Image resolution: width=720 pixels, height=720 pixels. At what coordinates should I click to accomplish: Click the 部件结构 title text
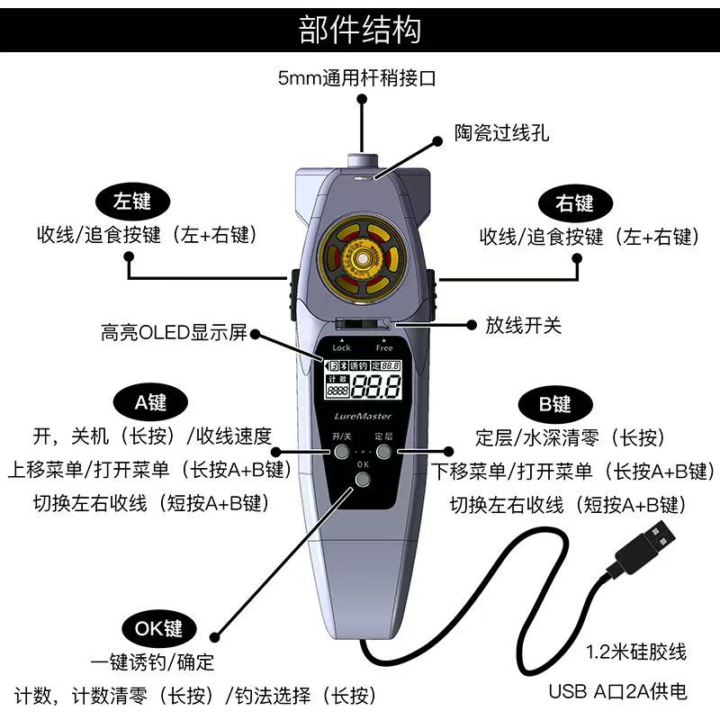(360, 30)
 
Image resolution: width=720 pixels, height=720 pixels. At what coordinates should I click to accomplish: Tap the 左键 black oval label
(132, 202)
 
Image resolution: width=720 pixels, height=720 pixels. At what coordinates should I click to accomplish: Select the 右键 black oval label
(575, 202)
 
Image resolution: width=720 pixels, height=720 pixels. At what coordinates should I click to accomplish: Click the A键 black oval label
(150, 402)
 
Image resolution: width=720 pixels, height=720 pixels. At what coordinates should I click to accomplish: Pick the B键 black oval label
(555, 404)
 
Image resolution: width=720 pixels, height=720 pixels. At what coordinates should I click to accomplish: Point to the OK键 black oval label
(159, 628)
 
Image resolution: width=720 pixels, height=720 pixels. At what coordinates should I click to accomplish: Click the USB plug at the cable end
(645, 544)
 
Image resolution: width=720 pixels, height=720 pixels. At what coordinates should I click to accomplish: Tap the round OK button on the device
(363, 479)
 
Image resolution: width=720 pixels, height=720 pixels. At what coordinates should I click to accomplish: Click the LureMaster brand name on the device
(363, 416)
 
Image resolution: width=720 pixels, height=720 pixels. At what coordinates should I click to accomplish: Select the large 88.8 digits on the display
(375, 387)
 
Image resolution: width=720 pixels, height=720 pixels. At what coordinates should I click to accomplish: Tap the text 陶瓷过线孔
(501, 133)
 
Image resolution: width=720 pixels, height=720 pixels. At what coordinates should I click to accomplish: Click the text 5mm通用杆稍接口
(356, 78)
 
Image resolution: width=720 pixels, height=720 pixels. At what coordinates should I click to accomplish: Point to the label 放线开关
(524, 326)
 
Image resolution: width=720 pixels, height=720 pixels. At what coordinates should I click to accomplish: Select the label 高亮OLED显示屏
(174, 332)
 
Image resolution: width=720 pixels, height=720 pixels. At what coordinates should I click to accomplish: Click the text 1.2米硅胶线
(636, 652)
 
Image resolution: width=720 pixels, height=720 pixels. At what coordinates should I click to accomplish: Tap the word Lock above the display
(341, 347)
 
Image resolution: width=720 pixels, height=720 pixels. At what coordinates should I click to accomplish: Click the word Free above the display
(384, 347)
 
